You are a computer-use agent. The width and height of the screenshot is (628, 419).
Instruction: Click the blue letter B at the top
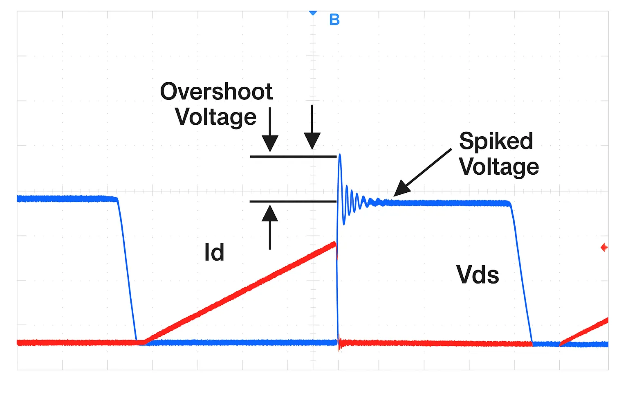pyautogui.click(x=334, y=20)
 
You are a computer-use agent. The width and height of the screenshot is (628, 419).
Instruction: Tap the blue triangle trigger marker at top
pyautogui.click(x=313, y=13)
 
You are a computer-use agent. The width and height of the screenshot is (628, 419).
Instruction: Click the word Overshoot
pyautogui.click(x=216, y=91)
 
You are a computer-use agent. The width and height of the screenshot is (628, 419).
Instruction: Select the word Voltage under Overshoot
pyautogui.click(x=215, y=117)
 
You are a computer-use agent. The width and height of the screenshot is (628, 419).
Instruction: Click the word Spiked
pyautogui.click(x=496, y=141)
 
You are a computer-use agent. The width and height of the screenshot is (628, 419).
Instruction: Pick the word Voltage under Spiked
pyautogui.click(x=499, y=167)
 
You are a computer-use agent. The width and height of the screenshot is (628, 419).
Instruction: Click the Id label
pyautogui.click(x=214, y=252)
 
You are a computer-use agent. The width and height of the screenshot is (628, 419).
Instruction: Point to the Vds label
pyautogui.click(x=478, y=275)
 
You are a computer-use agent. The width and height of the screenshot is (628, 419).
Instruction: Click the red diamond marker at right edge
pyautogui.click(x=604, y=248)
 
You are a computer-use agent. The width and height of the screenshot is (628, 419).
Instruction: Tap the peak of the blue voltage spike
pyautogui.click(x=339, y=155)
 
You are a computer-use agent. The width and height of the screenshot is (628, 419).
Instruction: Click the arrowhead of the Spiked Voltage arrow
pyautogui.click(x=401, y=190)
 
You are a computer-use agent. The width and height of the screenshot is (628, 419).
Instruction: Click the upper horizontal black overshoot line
pyautogui.click(x=293, y=156)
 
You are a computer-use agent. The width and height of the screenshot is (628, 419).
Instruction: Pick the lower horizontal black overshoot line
pyautogui.click(x=293, y=201)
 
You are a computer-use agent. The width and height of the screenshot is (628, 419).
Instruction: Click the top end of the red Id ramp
pyautogui.click(x=335, y=244)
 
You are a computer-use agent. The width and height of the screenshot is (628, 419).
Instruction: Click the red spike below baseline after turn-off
pyautogui.click(x=339, y=348)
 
